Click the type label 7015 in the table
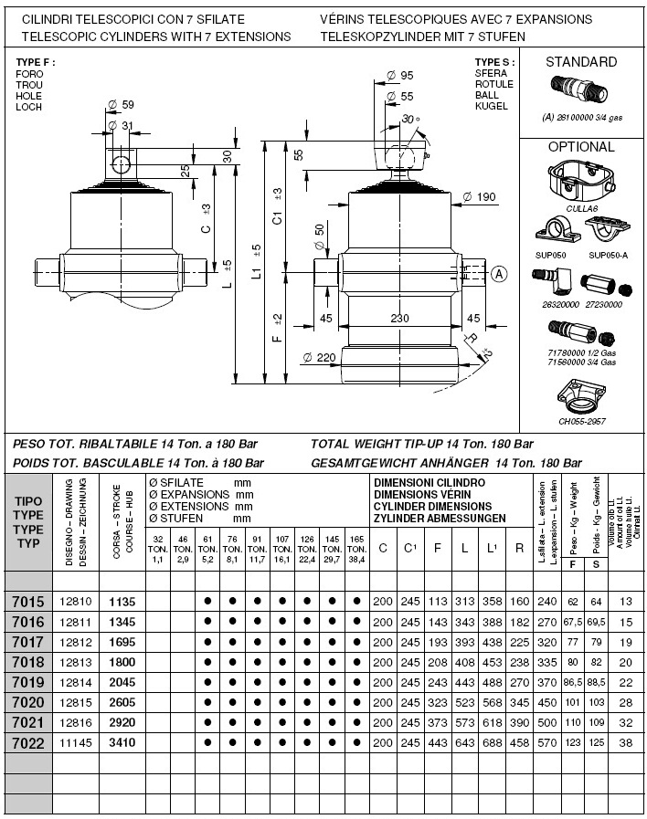pos(27,602)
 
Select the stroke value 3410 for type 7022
pos(122,742)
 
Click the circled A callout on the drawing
pos(499,273)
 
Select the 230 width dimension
pos(399,319)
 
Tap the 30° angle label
pos(410,119)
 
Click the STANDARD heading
pos(580,62)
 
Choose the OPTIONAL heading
pos(580,146)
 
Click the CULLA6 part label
pos(581,209)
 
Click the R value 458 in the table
pos(519,742)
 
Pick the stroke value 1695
pos(122,642)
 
